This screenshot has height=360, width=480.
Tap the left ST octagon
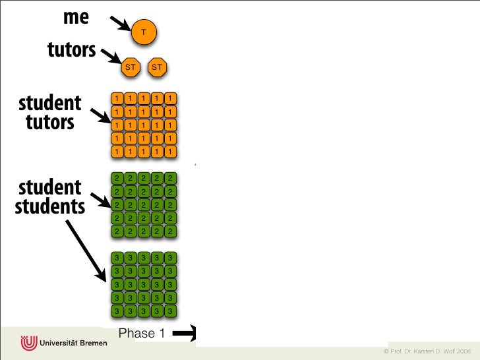[x=131, y=67]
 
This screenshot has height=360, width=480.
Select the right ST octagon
[x=157, y=67]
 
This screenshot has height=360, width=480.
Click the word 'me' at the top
[x=76, y=17]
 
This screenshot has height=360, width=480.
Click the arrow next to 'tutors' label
[x=109, y=57]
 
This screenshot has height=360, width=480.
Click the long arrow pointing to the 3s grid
[x=86, y=247]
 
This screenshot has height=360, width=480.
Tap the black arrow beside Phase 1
[x=185, y=334]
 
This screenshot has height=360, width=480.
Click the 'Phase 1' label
[x=141, y=334]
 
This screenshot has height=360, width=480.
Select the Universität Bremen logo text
[x=73, y=344]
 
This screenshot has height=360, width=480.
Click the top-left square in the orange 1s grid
[x=117, y=99]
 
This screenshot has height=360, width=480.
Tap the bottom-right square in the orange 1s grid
[x=170, y=152]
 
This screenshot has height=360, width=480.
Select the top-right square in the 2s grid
[x=170, y=178]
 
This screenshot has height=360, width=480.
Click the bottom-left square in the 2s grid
[x=117, y=231]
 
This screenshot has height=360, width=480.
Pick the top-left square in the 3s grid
[x=117, y=257]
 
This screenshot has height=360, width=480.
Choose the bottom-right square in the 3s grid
[x=170, y=311]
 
